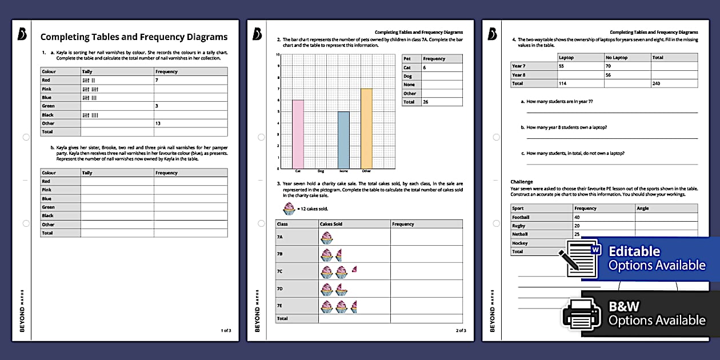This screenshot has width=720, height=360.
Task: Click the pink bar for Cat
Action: tap(298, 134)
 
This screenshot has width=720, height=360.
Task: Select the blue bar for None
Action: tap(343, 140)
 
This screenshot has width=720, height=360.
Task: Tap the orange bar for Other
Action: tap(366, 129)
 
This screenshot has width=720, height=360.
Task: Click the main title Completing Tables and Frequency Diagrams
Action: tap(134, 37)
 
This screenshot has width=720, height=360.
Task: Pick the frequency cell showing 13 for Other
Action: tap(158, 123)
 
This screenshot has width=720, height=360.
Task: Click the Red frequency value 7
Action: tap(157, 81)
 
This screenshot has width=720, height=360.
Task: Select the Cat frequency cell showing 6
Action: tap(425, 67)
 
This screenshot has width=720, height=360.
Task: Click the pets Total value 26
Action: tap(426, 102)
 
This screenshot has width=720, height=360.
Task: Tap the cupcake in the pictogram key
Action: tap(289, 209)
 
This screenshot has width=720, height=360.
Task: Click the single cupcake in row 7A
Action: tap(326, 238)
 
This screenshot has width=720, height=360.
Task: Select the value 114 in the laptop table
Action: tap(563, 83)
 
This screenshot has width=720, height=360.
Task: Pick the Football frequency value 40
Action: tap(578, 217)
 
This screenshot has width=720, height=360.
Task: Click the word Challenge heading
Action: tap(521, 181)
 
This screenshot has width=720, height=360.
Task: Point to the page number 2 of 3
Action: tap(461, 330)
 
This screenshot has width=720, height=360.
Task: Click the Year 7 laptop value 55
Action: tap(562, 66)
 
